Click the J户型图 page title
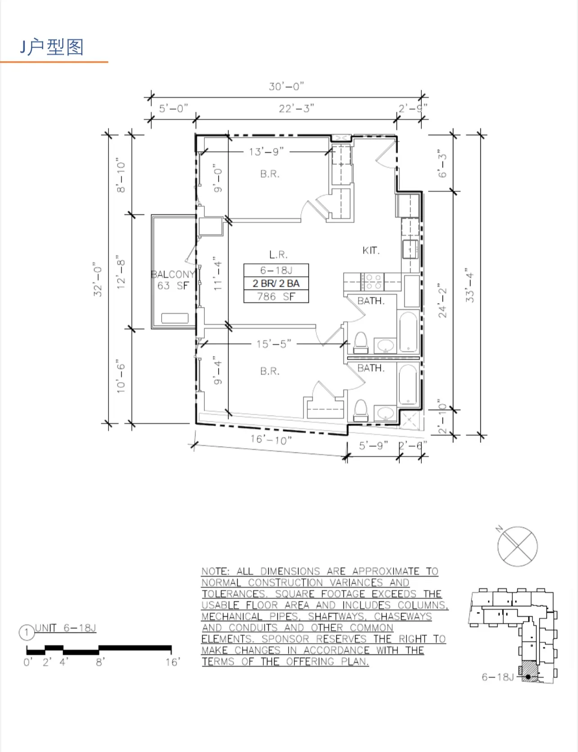click(52, 47)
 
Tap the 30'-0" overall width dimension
click(286, 86)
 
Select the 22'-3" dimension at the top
click(296, 108)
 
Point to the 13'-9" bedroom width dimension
click(266, 152)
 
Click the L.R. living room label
click(278, 255)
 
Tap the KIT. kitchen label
click(371, 251)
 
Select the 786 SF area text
click(276, 297)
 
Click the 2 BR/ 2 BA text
click(276, 284)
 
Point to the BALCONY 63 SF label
click(173, 279)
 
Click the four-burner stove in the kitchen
click(373, 282)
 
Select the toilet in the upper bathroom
click(361, 343)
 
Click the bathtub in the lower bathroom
click(408, 385)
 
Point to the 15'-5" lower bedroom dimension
click(274, 344)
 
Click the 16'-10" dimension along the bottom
click(271, 439)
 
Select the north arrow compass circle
click(517, 546)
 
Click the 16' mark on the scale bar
click(172, 662)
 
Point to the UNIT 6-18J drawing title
click(65, 628)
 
